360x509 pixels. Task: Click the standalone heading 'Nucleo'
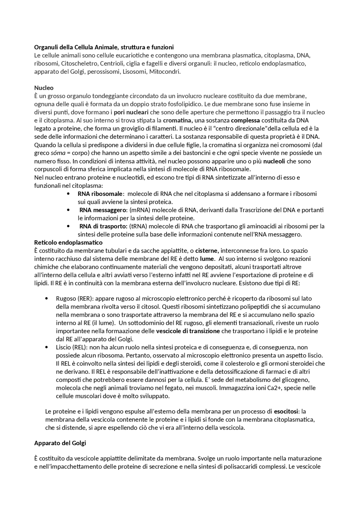[44, 88]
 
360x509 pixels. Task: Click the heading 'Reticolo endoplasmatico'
[68, 242]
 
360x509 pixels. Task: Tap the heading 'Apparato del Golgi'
[60, 443]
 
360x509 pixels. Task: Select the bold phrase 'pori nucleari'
[131, 112]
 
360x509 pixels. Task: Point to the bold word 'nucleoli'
[274, 161]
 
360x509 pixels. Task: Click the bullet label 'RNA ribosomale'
[100, 194]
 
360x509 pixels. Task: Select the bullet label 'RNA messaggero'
[102, 210]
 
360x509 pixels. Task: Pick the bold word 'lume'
[207, 259]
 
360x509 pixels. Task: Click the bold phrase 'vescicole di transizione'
[188, 331]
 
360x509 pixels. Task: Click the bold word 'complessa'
[245, 121]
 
